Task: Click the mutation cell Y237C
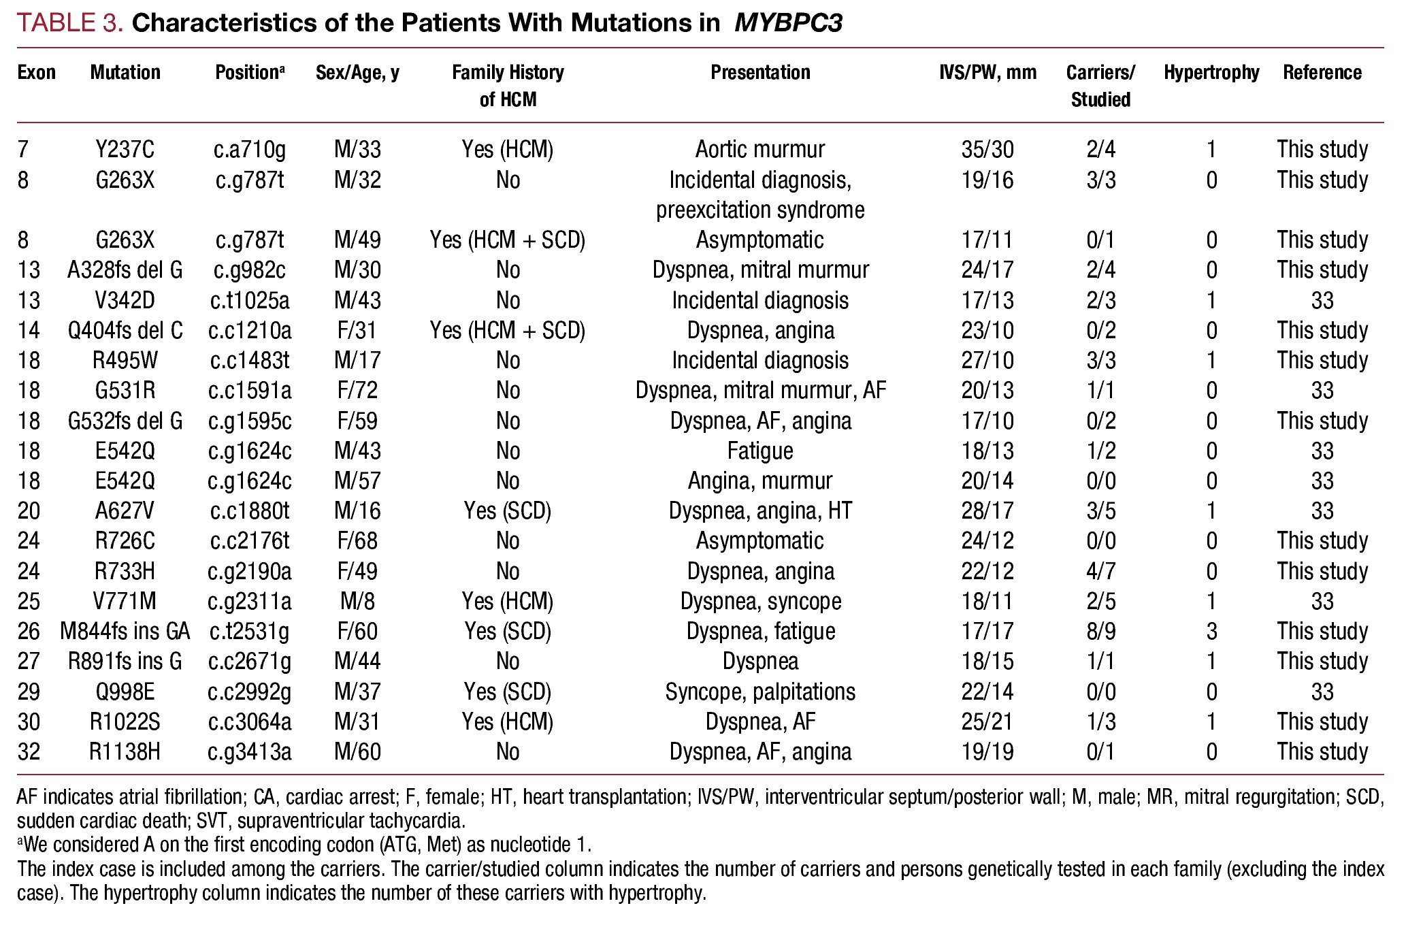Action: pos(125,149)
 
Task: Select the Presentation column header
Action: pos(760,72)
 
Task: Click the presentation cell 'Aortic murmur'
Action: pos(760,149)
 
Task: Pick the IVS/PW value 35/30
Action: pos(987,149)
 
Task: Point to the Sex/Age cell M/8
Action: pos(357,601)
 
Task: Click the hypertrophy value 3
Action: pos(1211,631)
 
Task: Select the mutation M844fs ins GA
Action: pos(125,631)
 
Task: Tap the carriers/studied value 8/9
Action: pos(1100,631)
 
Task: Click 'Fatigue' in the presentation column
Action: pos(760,451)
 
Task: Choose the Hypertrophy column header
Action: pos(1211,72)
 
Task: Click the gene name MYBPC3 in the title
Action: pos(788,23)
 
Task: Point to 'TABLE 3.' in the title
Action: pos(70,23)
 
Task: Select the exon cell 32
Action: pos(29,751)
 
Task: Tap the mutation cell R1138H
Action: pos(125,751)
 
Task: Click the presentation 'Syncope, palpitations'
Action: pos(760,692)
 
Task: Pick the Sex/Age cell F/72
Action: pos(357,390)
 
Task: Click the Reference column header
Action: pos(1322,72)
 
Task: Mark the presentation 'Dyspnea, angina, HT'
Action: pos(760,510)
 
